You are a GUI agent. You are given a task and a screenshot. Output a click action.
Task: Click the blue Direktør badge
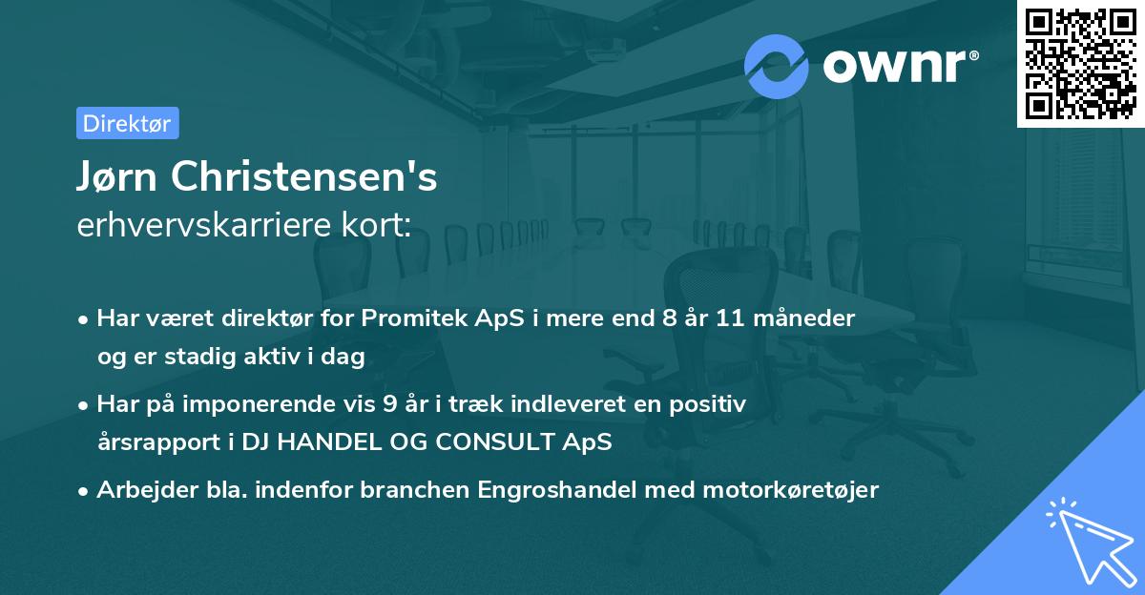127,123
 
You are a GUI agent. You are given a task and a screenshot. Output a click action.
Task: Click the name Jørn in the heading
120,176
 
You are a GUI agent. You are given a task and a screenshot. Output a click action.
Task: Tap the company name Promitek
411,318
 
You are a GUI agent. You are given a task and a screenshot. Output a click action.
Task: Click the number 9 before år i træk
389,404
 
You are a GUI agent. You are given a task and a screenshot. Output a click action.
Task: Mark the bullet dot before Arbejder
85,491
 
